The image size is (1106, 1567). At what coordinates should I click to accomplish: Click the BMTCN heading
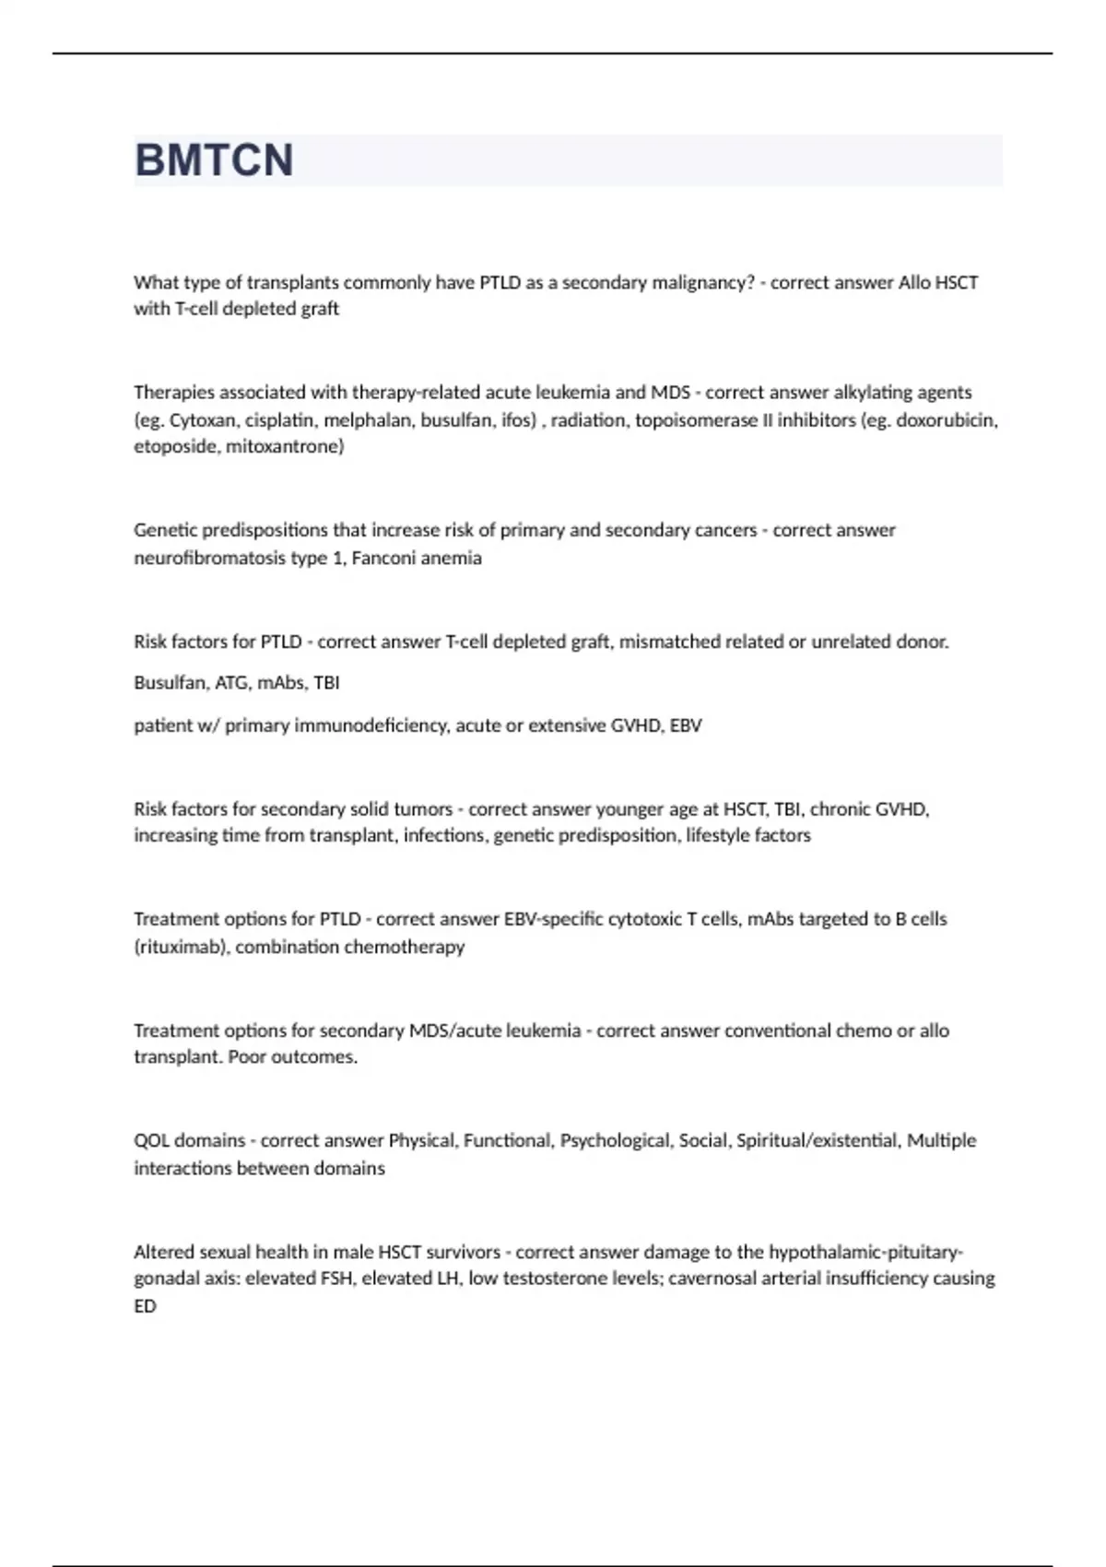click(214, 160)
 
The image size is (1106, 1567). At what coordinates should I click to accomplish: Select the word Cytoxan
click(203, 420)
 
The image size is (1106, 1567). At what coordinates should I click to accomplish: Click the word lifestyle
click(716, 835)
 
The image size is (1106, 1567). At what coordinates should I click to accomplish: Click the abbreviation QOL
click(152, 1140)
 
